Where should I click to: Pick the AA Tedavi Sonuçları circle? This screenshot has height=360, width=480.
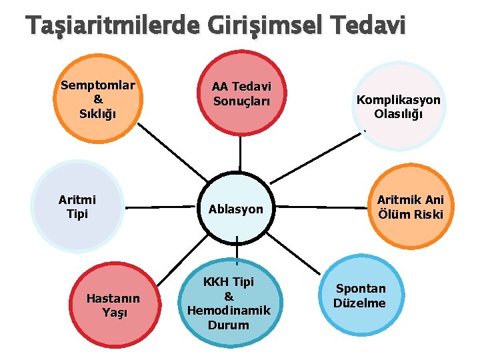(241, 93)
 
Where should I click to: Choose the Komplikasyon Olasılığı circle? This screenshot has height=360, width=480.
(398, 105)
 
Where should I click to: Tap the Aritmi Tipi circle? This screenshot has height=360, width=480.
(77, 207)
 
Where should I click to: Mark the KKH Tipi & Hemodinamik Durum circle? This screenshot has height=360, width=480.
(229, 303)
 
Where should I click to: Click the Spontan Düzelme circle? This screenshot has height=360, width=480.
(361, 296)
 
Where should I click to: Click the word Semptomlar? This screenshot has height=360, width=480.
(98, 85)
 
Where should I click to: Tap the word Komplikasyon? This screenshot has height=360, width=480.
(398, 99)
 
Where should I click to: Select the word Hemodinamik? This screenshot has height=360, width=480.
(229, 310)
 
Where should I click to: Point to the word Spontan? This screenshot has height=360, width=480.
(361, 289)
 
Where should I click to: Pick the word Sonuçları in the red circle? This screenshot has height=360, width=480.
(241, 101)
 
